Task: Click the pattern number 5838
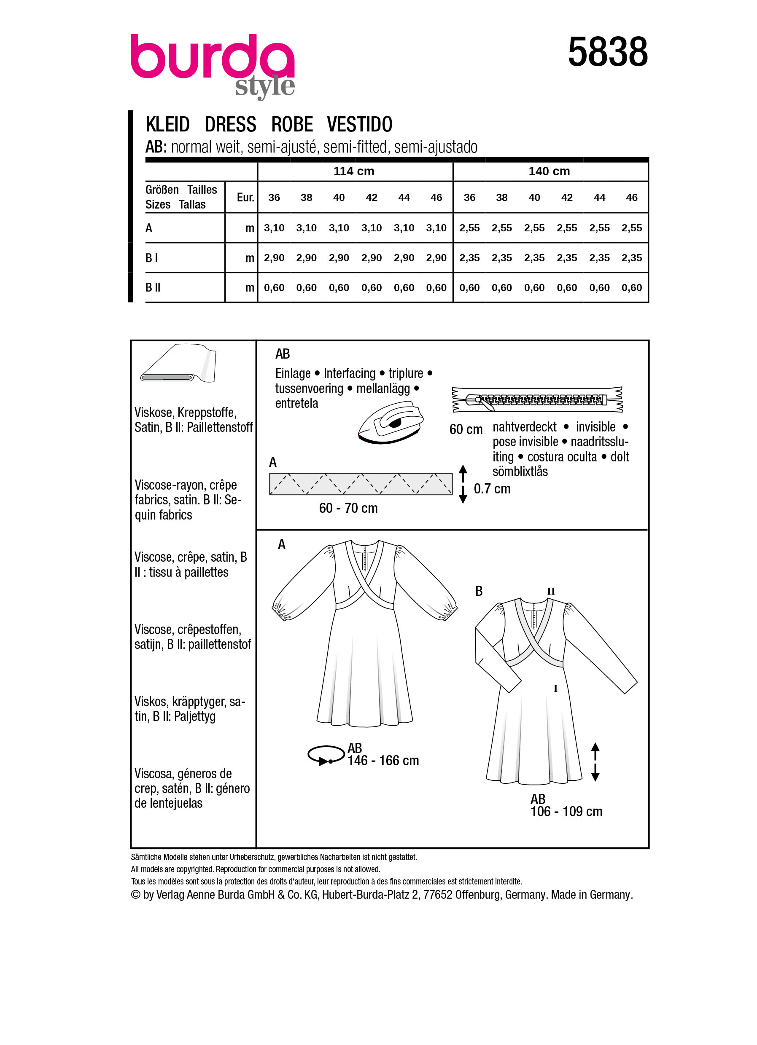(607, 52)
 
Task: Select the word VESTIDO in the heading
(359, 124)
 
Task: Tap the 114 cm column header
(353, 171)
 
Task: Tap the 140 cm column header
(549, 171)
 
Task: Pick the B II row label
(153, 287)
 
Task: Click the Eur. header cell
(245, 198)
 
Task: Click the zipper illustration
(537, 399)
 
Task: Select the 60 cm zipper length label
(466, 429)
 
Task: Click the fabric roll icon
(179, 364)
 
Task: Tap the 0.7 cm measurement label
(492, 489)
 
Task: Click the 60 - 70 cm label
(348, 508)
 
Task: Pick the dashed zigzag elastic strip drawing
(361, 484)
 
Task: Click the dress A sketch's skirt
(364, 682)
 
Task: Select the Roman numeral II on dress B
(551, 592)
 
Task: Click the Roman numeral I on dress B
(555, 689)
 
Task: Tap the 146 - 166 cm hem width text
(383, 761)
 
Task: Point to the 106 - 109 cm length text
(566, 812)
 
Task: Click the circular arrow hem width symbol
(326, 755)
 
